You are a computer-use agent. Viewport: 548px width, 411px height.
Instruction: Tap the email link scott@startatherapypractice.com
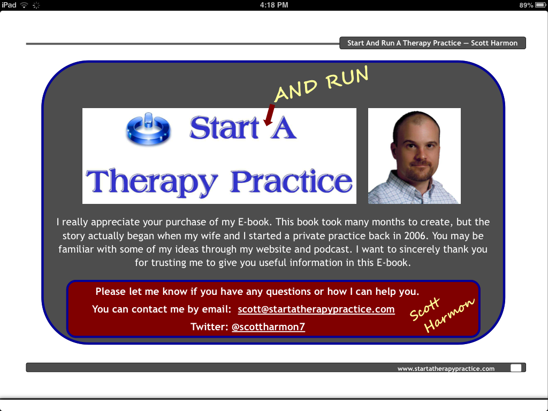(316, 309)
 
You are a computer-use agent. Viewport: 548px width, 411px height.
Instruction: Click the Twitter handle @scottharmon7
(269, 327)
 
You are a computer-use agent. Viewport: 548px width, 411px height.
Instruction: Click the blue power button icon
(148, 128)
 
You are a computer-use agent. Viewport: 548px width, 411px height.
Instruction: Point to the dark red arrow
(269, 115)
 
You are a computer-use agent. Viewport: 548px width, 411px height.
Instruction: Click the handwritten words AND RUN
(322, 84)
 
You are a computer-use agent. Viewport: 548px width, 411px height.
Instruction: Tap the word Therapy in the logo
(151, 182)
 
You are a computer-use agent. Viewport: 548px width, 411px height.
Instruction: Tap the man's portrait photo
(415, 156)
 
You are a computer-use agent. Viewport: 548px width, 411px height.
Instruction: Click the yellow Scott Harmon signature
(442, 315)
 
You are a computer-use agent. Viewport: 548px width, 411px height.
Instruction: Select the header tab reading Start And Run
(432, 43)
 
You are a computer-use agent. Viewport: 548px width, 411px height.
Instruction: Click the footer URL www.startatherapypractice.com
(446, 369)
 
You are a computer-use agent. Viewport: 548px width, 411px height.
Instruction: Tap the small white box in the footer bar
(516, 368)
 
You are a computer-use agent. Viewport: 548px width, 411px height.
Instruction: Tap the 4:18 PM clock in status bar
(274, 5)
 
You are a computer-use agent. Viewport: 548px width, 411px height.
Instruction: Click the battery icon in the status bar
(541, 5)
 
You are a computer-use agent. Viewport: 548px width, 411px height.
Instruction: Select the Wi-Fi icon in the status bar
(24, 5)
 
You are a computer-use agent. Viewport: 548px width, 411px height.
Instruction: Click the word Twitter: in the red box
(209, 327)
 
